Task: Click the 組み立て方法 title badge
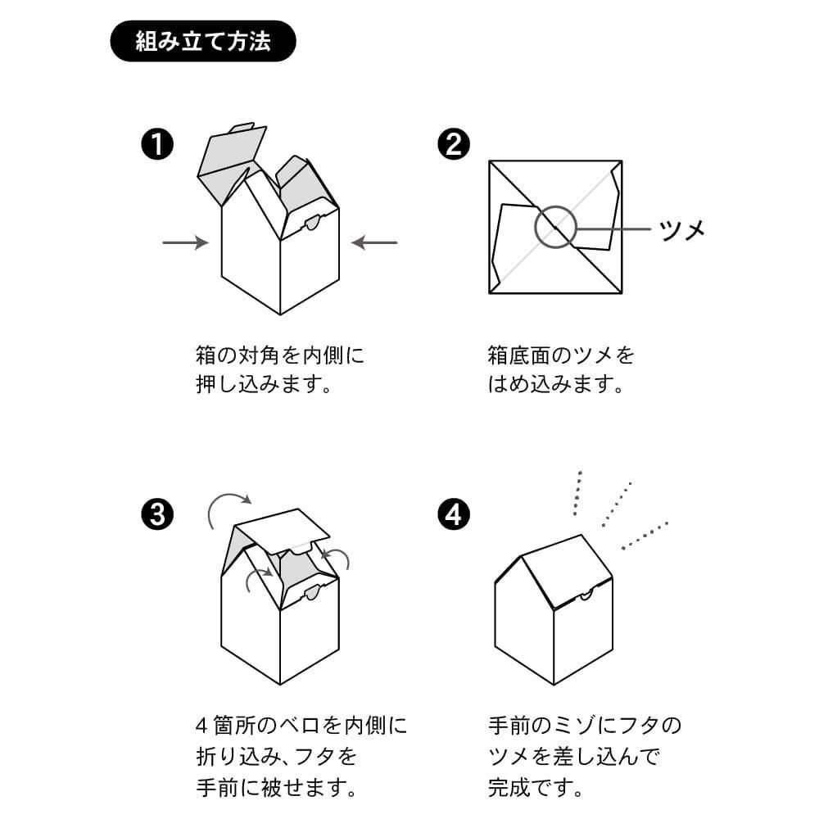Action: [x=201, y=41]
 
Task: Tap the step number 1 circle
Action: [x=157, y=145]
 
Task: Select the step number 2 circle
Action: [x=454, y=145]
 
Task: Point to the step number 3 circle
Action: [x=157, y=514]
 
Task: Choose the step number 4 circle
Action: [x=454, y=514]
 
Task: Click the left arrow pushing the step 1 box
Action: [x=185, y=242]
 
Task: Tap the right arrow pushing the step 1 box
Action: [x=374, y=242]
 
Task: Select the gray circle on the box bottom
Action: [x=555, y=227]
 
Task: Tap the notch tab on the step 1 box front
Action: [x=312, y=223]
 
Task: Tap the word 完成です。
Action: [x=536, y=788]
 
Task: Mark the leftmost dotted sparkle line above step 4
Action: [x=577, y=493]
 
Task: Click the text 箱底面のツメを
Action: [x=561, y=356]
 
